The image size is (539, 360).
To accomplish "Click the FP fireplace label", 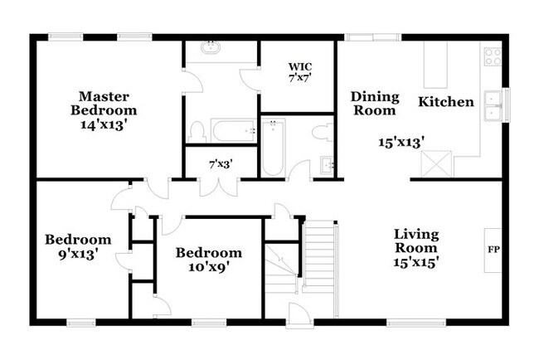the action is [x=493, y=250].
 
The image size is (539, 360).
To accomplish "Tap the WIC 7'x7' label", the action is [x=300, y=72].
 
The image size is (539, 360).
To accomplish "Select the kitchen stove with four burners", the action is [x=493, y=56].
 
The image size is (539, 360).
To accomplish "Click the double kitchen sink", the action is [x=493, y=105].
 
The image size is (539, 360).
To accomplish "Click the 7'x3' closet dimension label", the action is [x=221, y=164].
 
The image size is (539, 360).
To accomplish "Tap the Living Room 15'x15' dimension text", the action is [x=416, y=262].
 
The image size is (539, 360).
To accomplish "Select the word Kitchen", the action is [x=446, y=102].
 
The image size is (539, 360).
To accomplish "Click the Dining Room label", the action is [x=375, y=104].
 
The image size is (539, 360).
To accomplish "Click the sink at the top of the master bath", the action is [x=211, y=47].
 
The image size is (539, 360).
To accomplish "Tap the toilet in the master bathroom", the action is [x=197, y=132].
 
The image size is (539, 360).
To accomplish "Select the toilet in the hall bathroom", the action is [x=323, y=133].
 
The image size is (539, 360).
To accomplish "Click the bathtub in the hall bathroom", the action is [x=274, y=147].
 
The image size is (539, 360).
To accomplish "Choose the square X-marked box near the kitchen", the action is [x=436, y=163].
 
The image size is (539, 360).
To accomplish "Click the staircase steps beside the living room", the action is [x=319, y=257].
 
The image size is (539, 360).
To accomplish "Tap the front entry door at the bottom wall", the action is [x=299, y=314].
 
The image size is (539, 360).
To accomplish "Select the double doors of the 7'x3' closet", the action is [x=219, y=187].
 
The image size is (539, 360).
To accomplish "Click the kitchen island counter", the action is [x=435, y=65].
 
